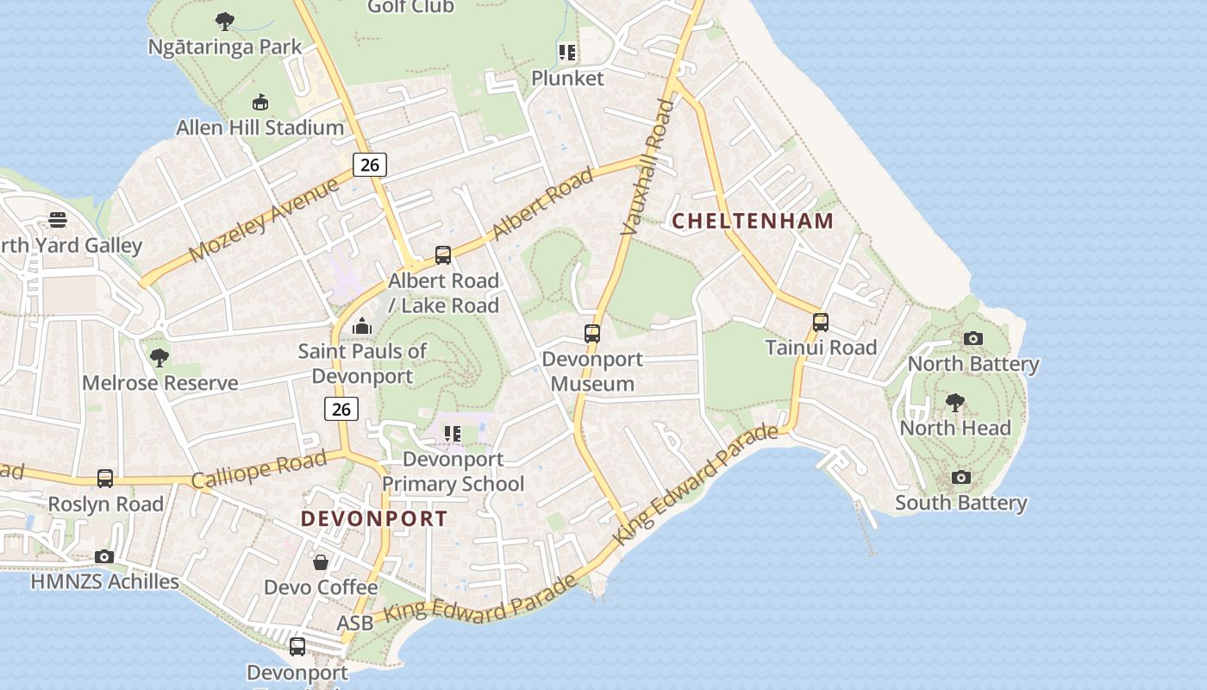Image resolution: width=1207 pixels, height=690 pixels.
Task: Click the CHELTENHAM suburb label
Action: [x=753, y=221]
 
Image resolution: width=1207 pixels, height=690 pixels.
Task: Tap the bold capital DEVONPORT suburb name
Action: [x=374, y=518]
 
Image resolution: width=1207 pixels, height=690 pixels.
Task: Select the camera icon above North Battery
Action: [x=973, y=338]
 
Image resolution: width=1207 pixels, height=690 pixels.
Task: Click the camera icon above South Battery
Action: [x=961, y=477]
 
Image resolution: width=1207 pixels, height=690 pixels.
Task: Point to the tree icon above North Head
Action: [x=954, y=402]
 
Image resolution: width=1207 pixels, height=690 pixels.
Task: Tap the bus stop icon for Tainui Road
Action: [x=821, y=323]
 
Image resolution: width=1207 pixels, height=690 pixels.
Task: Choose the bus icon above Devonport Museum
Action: [x=592, y=333]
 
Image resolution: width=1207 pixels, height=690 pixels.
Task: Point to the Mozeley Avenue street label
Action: [x=264, y=221]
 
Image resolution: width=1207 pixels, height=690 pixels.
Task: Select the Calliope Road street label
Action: [x=259, y=468]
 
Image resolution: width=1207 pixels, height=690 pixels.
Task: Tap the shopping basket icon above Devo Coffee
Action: [x=321, y=562]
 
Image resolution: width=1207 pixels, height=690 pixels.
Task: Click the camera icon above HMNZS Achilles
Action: [x=104, y=556]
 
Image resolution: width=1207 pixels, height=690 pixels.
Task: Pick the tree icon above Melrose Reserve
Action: [x=159, y=357]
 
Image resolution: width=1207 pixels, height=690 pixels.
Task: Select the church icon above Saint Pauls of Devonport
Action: [x=362, y=326]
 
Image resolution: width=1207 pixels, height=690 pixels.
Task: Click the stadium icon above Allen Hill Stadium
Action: [x=260, y=103]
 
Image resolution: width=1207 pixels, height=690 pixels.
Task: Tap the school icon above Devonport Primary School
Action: [x=453, y=434]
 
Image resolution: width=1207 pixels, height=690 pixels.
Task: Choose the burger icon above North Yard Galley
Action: [x=58, y=220]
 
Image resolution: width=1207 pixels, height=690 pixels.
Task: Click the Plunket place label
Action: [x=567, y=78]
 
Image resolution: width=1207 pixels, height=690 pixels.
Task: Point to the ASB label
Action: [x=355, y=623]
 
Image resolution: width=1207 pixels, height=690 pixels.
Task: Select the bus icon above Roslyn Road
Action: [x=105, y=478]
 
